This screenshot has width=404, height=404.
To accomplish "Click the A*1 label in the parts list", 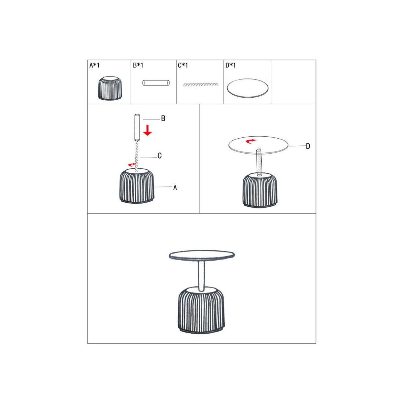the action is point(94,65).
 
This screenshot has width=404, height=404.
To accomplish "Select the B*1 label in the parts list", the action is point(138,65).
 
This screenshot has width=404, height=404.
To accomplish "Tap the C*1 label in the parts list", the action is point(183,65).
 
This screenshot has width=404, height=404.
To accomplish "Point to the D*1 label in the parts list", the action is point(231,65).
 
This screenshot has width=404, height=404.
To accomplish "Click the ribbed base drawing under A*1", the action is point(110,89).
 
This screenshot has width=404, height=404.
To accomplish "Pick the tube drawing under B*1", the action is point(156,83).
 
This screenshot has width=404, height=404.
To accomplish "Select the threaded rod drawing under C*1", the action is point(201,85).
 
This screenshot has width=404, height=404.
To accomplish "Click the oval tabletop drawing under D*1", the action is point(247,88).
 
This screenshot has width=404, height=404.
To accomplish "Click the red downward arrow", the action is point(147,130).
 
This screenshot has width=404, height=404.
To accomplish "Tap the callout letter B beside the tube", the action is point(163,119).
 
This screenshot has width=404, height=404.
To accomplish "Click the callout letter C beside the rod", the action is point(160,156).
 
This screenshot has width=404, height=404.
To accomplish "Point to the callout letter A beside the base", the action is point(175,188).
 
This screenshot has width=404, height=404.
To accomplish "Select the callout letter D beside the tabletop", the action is point(308,146).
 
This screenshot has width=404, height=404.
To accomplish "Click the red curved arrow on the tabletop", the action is point(251,141).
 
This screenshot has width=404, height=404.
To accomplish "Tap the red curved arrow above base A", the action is point(132,165).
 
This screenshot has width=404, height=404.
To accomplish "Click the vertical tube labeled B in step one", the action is point(137,128).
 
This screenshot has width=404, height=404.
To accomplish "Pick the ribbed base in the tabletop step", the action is point(260,190).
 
